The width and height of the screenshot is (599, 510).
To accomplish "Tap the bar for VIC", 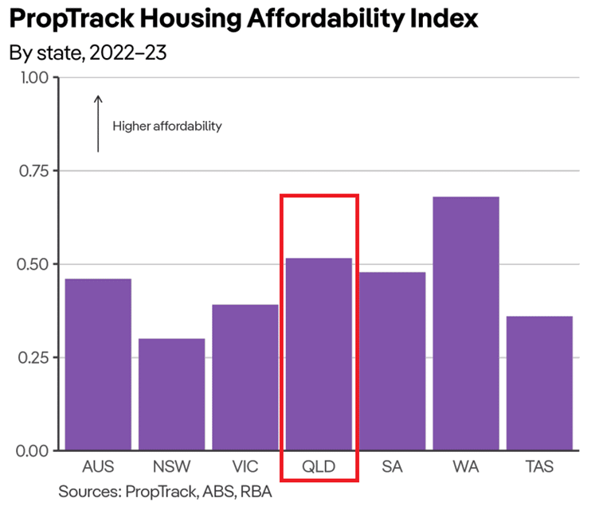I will (245, 377).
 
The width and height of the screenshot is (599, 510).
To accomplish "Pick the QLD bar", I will (319, 354).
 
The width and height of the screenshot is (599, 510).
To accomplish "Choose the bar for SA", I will (392, 361).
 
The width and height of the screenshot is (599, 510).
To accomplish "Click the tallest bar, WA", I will (465, 323).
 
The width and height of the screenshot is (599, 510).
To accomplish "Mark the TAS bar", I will (539, 383).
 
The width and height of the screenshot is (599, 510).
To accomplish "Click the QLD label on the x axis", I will (319, 466).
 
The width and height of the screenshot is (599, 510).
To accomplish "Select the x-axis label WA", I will (465, 466).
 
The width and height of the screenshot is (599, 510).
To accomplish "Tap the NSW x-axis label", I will (171, 466).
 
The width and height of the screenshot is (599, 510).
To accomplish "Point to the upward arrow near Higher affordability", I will (98, 123).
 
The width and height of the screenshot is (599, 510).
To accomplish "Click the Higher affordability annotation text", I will (166, 126).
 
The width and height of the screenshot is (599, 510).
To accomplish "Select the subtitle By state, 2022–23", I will (87, 54).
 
